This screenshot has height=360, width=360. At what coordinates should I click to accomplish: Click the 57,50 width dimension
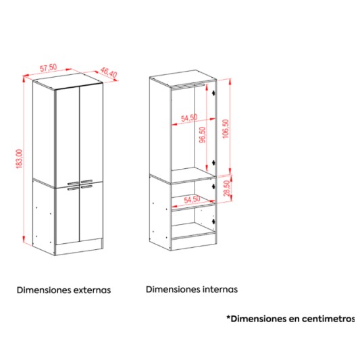(x=49, y=68)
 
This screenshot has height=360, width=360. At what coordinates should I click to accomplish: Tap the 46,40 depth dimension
(x=109, y=72)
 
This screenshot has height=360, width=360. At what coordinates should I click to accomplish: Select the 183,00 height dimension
(x=20, y=159)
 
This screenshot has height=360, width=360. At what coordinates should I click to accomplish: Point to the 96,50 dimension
(x=203, y=135)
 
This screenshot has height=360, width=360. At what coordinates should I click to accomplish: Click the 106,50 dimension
(x=226, y=128)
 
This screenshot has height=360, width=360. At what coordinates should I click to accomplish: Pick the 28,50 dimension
(x=227, y=188)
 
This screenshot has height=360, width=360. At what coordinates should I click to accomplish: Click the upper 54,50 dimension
(x=189, y=118)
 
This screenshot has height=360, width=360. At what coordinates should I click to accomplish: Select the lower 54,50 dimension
(x=192, y=199)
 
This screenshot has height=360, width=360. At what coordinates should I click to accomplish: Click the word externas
(x=93, y=290)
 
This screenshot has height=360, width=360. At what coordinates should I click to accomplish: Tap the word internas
(x=220, y=289)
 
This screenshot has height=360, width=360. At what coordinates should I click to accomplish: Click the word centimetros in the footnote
(x=328, y=319)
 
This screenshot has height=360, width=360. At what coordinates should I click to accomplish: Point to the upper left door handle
(x=73, y=183)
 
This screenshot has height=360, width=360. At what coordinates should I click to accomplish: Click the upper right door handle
(x=86, y=182)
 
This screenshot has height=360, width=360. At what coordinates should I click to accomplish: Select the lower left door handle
(x=73, y=189)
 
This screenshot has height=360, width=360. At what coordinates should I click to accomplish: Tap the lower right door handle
(x=86, y=186)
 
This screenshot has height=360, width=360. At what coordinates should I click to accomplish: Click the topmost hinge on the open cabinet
(x=213, y=93)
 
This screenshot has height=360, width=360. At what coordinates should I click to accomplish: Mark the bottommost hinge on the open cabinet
(x=213, y=222)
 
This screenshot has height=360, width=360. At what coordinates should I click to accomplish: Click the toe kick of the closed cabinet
(x=79, y=247)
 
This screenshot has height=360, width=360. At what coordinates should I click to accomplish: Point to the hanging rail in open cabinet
(x=188, y=85)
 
